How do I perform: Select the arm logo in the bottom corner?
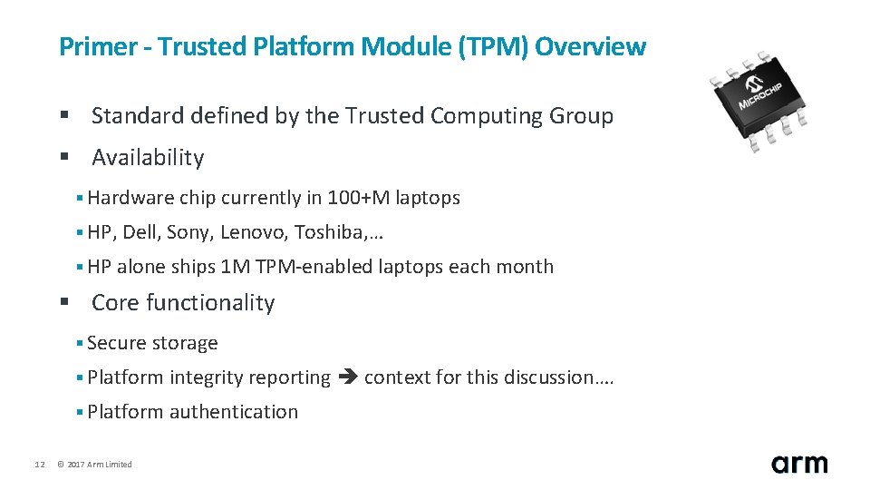coord(799,463)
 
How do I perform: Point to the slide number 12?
coord(39,465)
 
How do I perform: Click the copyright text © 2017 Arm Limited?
coord(94,465)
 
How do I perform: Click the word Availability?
coord(148,158)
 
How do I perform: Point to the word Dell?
coord(141,232)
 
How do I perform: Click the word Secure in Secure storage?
coord(115,343)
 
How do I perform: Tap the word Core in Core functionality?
coord(114,303)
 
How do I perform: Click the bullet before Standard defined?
coord(64,116)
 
